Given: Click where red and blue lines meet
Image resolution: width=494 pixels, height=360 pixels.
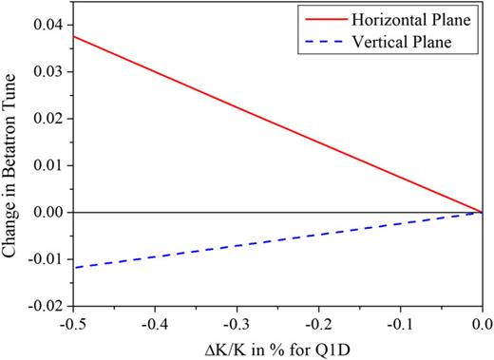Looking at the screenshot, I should (x=482, y=212).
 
